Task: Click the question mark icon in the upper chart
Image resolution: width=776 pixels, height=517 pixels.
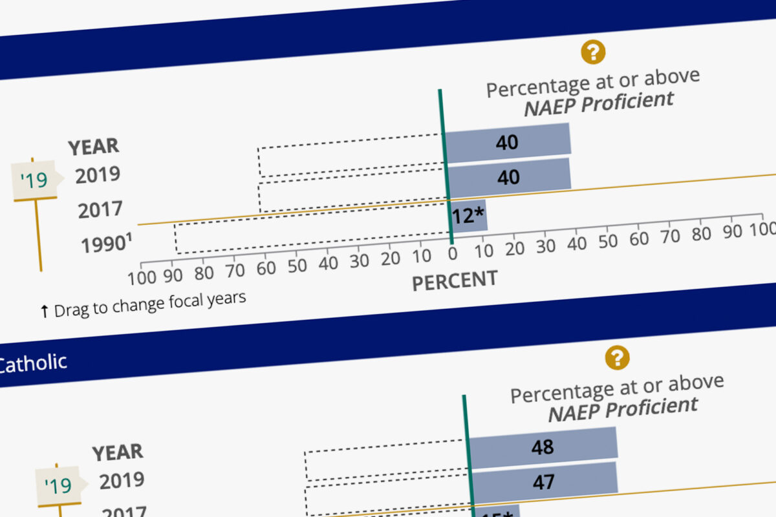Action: (x=593, y=52)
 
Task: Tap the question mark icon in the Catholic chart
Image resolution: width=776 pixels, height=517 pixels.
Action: (x=617, y=357)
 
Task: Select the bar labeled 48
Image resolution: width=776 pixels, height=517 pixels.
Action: (x=543, y=446)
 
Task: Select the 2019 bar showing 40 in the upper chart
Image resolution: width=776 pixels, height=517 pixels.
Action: (x=507, y=142)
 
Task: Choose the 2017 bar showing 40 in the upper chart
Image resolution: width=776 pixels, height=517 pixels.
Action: (x=509, y=176)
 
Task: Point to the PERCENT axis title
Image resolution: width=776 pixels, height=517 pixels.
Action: (x=455, y=280)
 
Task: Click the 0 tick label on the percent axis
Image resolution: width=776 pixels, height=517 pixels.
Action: (x=452, y=253)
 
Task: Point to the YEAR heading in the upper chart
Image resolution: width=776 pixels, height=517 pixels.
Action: (x=94, y=147)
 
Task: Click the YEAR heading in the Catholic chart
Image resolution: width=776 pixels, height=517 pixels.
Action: (x=118, y=452)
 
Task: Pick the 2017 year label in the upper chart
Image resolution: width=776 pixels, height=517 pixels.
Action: (x=100, y=210)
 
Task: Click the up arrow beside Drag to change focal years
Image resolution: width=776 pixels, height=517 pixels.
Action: (x=44, y=311)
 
